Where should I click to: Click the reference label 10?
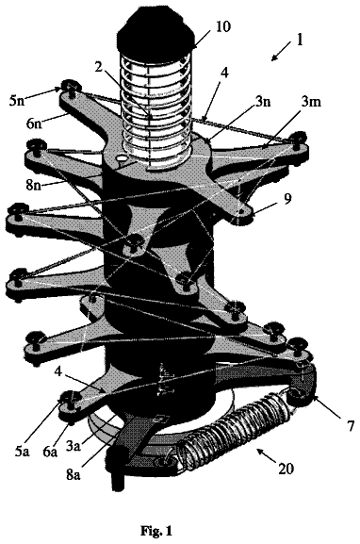tap(222, 27)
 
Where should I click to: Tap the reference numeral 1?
tap(300, 40)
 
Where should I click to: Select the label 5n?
tap(18, 102)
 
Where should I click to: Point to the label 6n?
tap(34, 123)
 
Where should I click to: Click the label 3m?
tap(311, 102)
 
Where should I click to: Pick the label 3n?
tap(263, 102)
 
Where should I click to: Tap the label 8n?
tap(34, 184)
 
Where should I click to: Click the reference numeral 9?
tap(287, 199)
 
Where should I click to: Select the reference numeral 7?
tap(351, 424)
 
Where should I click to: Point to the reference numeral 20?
tap(286, 469)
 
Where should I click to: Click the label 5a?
tap(22, 452)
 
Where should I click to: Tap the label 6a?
tap(50, 452)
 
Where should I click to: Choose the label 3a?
tap(74, 445)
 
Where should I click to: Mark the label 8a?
tap(73, 474)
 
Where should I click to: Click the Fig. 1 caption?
tap(156, 531)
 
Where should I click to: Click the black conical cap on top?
tap(155, 29)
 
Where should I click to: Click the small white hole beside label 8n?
tap(123, 157)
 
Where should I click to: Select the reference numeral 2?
tap(99, 67)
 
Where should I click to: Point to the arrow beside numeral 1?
tap(281, 51)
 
